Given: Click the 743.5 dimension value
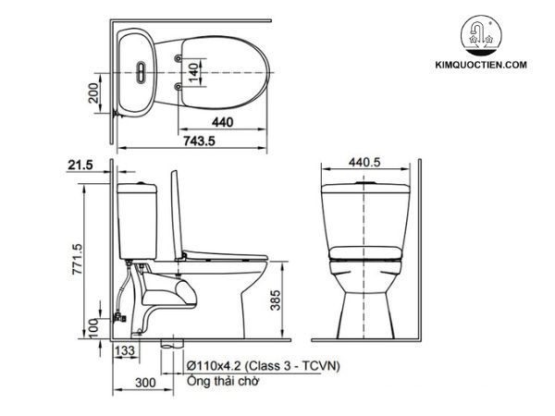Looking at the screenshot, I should (x=220, y=141).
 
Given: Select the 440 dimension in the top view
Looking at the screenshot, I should (x=221, y=121).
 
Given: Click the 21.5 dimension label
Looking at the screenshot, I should (x=81, y=165).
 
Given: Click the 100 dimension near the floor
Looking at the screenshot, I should (x=92, y=325).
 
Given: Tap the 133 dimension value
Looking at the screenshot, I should (x=127, y=350).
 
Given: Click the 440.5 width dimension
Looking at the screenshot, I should (x=365, y=161).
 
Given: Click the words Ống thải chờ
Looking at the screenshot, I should (x=222, y=380).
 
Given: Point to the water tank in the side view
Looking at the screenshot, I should (x=139, y=222).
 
